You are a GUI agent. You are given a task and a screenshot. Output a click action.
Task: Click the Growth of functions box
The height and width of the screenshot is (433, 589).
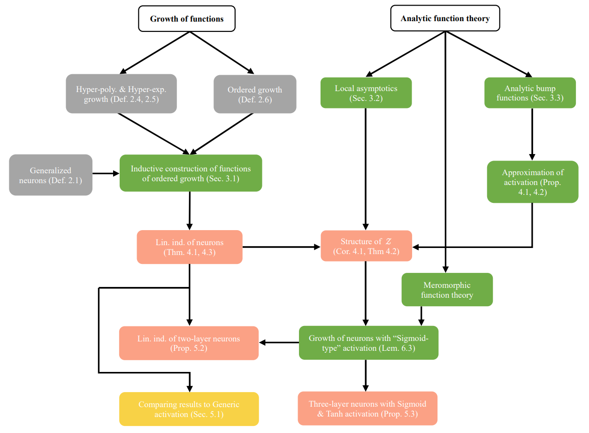click(186, 19)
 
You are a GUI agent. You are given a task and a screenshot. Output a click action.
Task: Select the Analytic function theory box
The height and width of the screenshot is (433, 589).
click(445, 19)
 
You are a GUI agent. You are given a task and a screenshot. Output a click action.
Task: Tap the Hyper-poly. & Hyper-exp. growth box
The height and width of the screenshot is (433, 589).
click(121, 94)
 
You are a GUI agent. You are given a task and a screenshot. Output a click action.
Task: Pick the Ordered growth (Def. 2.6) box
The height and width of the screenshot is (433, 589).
click(255, 94)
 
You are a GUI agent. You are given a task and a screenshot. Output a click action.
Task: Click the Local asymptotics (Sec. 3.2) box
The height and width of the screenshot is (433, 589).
click(366, 93)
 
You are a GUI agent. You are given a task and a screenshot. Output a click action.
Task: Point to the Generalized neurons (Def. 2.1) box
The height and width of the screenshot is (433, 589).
click(50, 175)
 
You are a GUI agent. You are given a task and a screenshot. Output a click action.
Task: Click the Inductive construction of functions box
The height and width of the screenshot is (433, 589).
click(191, 173)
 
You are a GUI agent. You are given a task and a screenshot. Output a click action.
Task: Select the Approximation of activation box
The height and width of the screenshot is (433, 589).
click(532, 182)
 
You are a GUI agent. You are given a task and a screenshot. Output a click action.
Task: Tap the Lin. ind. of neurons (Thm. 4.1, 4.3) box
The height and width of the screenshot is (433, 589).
click(190, 247)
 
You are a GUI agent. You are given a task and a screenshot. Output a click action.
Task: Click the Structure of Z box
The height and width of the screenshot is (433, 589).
click(366, 246)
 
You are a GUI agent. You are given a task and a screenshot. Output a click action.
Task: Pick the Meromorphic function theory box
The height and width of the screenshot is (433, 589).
click(447, 290)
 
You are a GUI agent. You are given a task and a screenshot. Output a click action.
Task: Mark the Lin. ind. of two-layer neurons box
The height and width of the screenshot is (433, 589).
click(189, 343)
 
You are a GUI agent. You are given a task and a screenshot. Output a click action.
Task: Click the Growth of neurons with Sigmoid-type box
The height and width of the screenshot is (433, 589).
click(368, 343)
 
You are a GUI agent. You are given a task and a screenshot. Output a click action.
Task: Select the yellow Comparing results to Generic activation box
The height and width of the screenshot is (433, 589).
click(189, 409)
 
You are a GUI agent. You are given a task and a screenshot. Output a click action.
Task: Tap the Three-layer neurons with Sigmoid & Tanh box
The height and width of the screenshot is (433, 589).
click(367, 409)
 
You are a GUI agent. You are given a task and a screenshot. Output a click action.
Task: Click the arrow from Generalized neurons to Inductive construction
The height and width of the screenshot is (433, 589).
click(106, 173)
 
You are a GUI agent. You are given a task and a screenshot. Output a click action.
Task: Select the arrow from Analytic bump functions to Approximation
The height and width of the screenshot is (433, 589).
click(532, 134)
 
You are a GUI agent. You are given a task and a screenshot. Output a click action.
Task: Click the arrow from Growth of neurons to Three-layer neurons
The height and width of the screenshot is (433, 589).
click(366, 375)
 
